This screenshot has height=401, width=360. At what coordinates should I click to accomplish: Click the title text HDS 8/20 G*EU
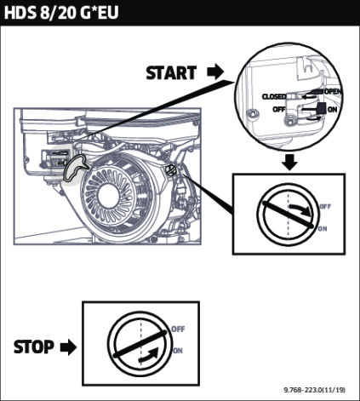(x=61, y=13)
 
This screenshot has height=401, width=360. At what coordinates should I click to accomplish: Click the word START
(x=171, y=72)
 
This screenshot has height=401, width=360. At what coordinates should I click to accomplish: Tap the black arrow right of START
(x=215, y=72)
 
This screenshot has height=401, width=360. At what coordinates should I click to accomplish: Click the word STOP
(x=34, y=347)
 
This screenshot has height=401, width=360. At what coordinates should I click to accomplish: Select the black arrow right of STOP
(x=68, y=347)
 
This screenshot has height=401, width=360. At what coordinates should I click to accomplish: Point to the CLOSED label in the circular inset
(x=274, y=97)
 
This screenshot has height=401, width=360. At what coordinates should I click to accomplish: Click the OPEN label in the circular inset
(x=334, y=92)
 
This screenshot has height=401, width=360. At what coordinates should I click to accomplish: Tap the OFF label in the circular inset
(x=279, y=109)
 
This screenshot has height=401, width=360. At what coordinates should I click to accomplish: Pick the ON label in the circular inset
(x=332, y=110)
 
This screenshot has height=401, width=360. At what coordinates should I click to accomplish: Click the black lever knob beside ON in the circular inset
(x=321, y=109)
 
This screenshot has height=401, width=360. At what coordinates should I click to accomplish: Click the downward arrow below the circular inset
(x=290, y=162)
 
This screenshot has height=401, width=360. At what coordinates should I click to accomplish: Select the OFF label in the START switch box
(x=325, y=207)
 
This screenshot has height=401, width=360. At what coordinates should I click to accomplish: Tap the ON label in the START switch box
(x=323, y=228)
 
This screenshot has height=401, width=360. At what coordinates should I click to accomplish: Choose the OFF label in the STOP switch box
(x=178, y=329)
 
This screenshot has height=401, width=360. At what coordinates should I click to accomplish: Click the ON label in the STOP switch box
(x=178, y=351)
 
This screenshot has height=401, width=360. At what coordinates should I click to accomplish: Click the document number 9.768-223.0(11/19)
(x=315, y=390)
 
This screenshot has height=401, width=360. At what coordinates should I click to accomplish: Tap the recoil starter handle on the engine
(x=76, y=168)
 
